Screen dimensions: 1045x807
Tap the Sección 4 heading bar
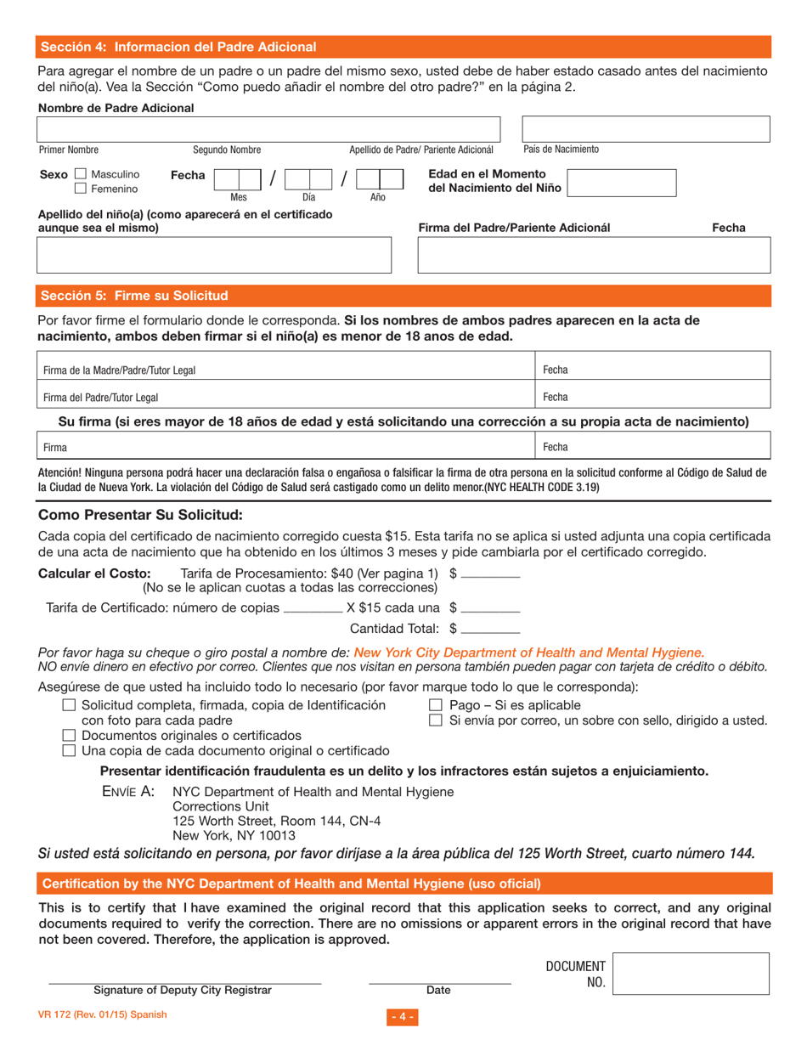404,47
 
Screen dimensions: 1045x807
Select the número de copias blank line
312,609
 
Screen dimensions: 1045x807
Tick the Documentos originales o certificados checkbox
71,735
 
